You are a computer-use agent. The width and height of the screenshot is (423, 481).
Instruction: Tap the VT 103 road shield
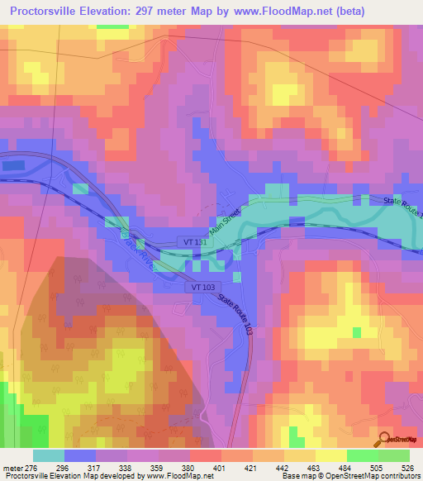tap(204, 286)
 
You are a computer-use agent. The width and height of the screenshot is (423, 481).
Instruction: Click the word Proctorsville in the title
tap(50, 12)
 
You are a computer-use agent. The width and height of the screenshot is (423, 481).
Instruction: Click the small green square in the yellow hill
tap(357, 332)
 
